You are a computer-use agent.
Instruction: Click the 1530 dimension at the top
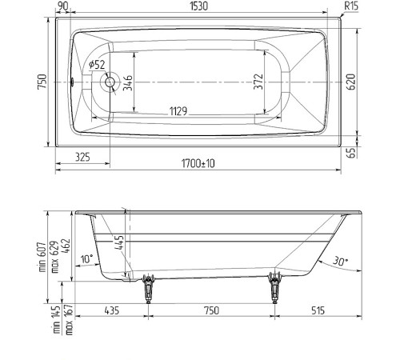[199, 6]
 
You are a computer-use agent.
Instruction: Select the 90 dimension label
[62, 6]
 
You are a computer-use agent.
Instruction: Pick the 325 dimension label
[82, 157]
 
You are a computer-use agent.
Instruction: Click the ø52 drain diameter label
[97, 64]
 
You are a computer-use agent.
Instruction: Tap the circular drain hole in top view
[110, 81]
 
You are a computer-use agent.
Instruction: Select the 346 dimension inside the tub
[128, 81]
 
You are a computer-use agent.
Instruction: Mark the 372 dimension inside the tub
[258, 81]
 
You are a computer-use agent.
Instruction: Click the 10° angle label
[87, 258]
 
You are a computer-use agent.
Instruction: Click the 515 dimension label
[318, 310]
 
